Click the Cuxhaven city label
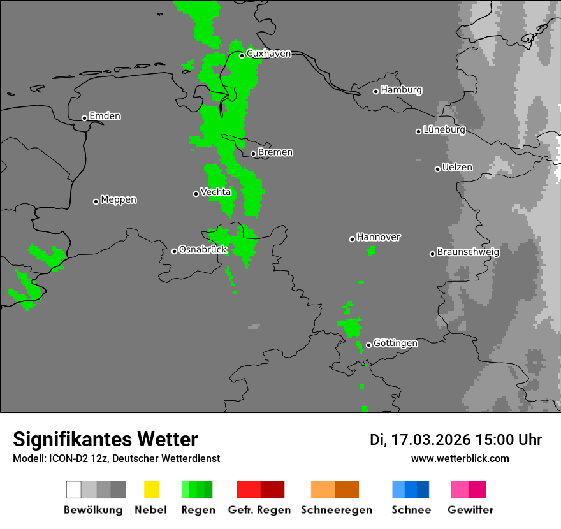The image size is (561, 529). click(268, 54)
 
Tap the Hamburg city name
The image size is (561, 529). click(401, 90)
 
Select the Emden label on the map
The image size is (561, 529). click(105, 116)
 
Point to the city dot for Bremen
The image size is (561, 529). click(253, 154)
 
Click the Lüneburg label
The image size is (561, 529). click(444, 130)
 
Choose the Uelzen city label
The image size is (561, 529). click(457, 168)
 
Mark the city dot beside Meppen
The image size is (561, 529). click(96, 201)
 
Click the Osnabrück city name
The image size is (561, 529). click(203, 250)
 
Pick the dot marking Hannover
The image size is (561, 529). click(352, 239)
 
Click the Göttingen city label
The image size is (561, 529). click(395, 344)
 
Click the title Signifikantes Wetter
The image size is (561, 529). click(105, 440)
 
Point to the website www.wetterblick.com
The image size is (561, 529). click(460, 459)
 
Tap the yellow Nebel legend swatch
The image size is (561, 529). click(151, 489)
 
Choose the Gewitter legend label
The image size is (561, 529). click(470, 510)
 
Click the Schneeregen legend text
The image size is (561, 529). click(336, 510)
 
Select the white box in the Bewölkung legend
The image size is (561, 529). click(73, 489)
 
